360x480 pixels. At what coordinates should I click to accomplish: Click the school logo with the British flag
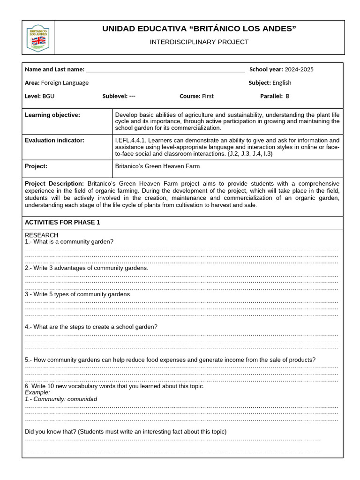tap(39, 37)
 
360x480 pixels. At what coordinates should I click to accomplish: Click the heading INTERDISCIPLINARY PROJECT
tap(199, 42)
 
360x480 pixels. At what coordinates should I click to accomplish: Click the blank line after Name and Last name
tap(165, 70)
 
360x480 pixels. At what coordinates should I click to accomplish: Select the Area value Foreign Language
tap(65, 82)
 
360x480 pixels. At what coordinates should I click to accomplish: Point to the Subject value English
tap(282, 82)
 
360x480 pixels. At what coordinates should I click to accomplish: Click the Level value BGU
tap(48, 96)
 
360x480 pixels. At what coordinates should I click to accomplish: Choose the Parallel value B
tap(288, 96)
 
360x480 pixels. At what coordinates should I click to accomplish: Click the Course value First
tap(208, 96)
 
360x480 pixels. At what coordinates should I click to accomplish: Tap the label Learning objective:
tap(52, 115)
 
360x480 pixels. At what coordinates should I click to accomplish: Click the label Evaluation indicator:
tap(54, 140)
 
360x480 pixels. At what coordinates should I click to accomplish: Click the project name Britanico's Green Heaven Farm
tap(157, 166)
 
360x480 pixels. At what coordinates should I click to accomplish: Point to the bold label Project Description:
tap(54, 184)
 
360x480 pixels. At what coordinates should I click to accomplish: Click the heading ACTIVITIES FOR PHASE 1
tap(62, 222)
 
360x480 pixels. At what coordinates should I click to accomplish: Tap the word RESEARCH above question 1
tap(41, 235)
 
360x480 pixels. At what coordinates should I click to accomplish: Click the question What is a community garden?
tap(69, 241)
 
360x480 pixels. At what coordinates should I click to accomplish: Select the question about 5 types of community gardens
tap(78, 294)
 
